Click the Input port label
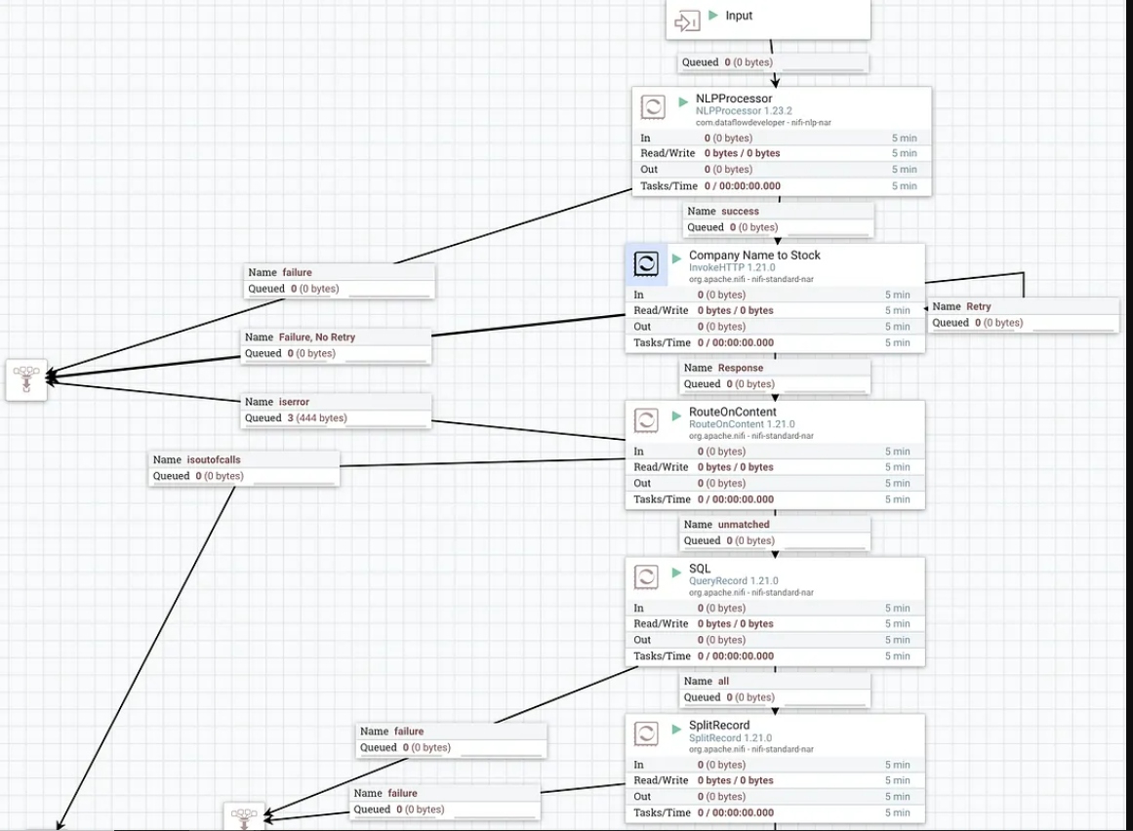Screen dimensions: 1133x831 (739, 16)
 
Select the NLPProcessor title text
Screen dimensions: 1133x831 (734, 99)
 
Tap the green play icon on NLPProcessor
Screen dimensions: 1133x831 (683, 101)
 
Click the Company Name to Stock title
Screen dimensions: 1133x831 (754, 255)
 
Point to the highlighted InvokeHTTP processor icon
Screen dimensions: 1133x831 (646, 263)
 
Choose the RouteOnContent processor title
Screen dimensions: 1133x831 (733, 412)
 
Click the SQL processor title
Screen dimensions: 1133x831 (700, 569)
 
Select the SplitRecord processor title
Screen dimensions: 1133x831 (719, 725)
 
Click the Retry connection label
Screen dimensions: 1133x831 (979, 306)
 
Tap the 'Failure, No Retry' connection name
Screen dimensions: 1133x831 (316, 337)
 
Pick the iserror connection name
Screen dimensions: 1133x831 (294, 402)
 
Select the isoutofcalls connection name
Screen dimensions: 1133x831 (214, 459)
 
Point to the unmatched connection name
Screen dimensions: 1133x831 (744, 524)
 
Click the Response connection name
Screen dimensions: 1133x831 (740, 368)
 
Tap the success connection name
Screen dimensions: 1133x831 (740, 211)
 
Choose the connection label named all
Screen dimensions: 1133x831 (723, 681)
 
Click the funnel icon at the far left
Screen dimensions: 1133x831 (26, 379)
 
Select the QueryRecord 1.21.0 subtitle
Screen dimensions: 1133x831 (734, 580)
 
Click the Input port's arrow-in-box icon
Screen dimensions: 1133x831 (687, 20)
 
